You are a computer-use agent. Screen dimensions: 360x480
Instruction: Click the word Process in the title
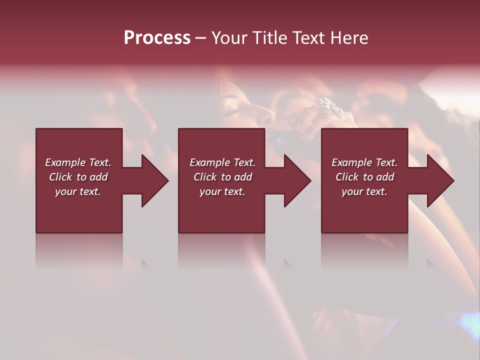(157, 38)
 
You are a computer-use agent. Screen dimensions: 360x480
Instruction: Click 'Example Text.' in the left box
(78, 162)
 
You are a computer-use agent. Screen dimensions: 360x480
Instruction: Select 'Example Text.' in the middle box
(222, 162)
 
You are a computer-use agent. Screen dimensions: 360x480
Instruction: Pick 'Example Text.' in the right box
(364, 162)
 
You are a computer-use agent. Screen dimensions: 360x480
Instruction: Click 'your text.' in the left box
(78, 191)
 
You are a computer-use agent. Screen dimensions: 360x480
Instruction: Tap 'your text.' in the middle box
(222, 191)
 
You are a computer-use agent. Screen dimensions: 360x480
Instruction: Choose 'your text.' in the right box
(364, 191)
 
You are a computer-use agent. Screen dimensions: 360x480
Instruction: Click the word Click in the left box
(60, 177)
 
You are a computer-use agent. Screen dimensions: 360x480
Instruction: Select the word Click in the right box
(347, 177)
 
